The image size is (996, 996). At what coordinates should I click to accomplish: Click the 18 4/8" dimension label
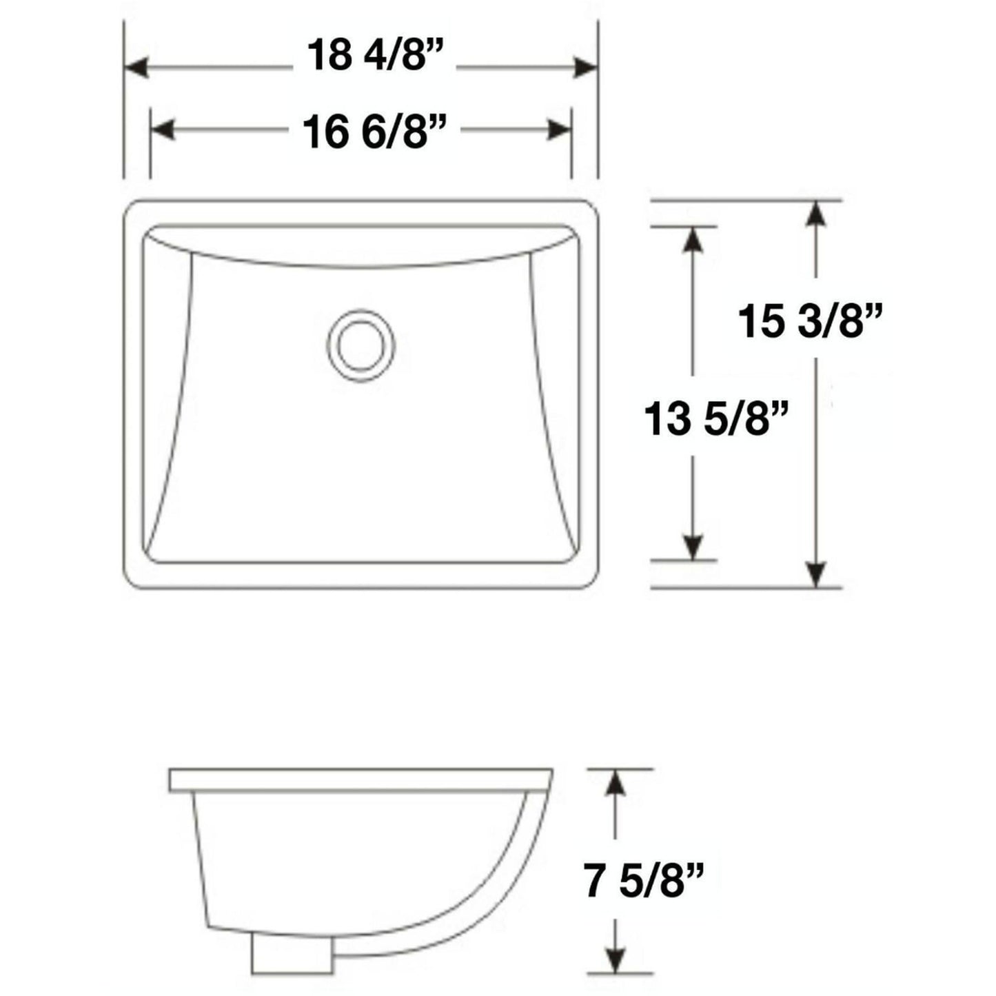373,55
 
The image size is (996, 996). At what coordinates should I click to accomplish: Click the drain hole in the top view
360,345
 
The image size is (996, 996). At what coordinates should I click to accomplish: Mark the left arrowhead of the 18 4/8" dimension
136,68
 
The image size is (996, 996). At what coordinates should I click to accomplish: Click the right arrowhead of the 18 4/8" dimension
585,68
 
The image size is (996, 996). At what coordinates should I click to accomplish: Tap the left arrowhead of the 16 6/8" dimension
163,130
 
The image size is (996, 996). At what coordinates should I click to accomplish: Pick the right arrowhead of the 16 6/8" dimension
558,130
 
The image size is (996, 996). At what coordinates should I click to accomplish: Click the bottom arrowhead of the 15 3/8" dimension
816,573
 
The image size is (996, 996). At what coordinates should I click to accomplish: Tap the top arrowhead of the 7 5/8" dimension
616,783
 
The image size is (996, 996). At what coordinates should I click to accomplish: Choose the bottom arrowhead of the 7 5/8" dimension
616,958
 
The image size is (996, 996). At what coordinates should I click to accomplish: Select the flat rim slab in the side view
360,780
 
